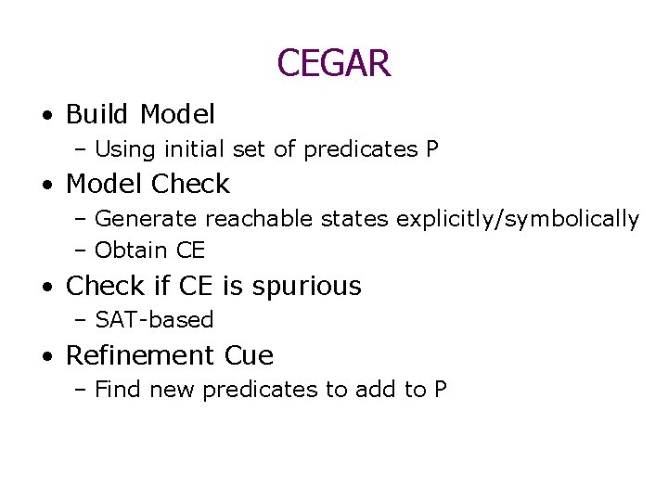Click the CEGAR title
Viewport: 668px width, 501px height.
click(334, 63)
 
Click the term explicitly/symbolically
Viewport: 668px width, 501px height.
click(518, 220)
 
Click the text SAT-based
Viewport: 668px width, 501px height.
click(154, 320)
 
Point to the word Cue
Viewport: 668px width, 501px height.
click(249, 355)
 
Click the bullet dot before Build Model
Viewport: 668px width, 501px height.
click(46, 116)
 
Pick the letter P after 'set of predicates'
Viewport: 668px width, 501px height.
click(432, 149)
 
